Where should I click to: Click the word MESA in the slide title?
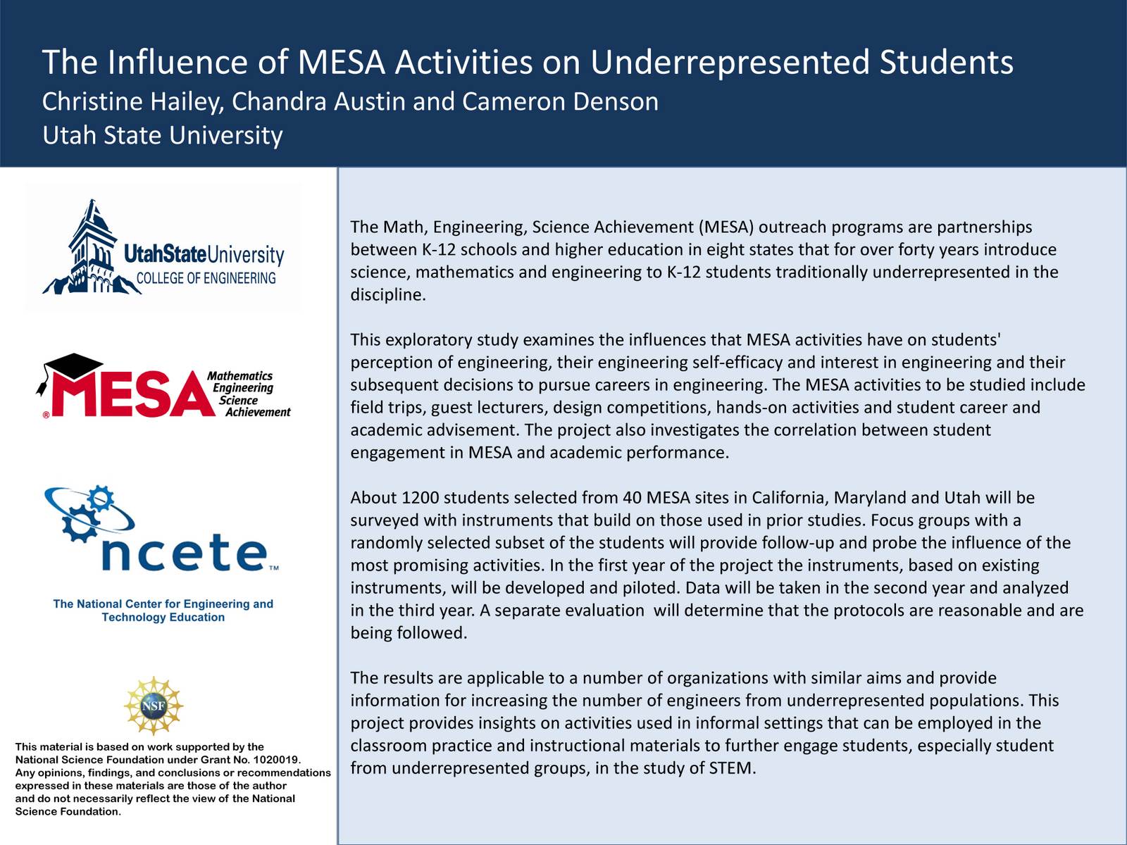pyautogui.click(x=341, y=62)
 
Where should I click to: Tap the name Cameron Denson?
pyautogui.click(x=560, y=101)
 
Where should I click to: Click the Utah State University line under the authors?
pyautogui.click(x=163, y=134)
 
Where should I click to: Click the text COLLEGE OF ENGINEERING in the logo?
pyautogui.click(x=206, y=278)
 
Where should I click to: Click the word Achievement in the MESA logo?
pyautogui.click(x=258, y=412)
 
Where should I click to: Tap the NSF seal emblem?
pyautogui.click(x=154, y=706)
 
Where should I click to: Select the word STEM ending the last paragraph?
pyautogui.click(x=731, y=768)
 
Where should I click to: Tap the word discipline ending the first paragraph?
pyautogui.click(x=388, y=295)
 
